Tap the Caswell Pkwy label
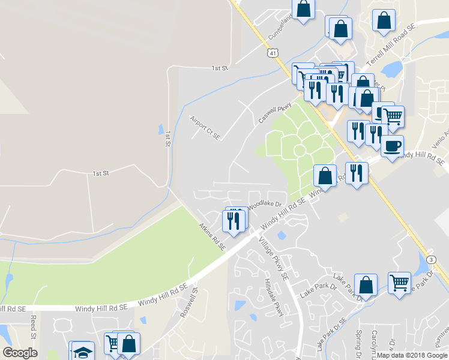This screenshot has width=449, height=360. pos(275,111)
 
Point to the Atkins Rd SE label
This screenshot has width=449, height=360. pos(212,236)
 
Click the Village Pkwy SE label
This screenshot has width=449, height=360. pos(274,259)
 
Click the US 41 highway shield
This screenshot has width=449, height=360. pos(274,53)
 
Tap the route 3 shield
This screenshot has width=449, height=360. pos(431,259)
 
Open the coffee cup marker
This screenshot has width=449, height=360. pos(392,145)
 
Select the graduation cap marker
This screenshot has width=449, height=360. pos(81,351)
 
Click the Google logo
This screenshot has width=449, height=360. pos(20,353)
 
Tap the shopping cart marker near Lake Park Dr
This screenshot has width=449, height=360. pos(399,281)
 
